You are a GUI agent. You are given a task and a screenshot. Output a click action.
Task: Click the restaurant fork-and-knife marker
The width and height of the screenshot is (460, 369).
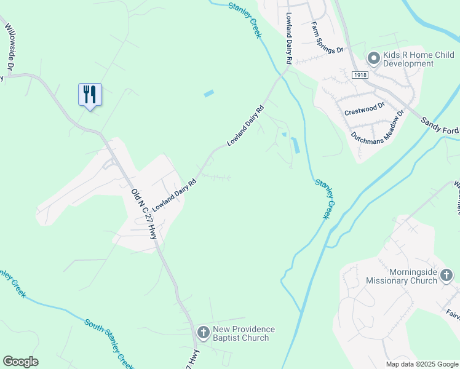coord(90,95)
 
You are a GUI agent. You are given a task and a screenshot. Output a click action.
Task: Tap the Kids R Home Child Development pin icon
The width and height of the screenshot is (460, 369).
coord(373,58)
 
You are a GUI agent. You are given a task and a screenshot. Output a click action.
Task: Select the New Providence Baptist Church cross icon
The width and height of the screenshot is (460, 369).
coord(203,333)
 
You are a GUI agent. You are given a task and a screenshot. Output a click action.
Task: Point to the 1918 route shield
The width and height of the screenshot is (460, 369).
coord(360,74)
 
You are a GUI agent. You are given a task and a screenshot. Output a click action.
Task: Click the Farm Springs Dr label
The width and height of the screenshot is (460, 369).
coord(326,38)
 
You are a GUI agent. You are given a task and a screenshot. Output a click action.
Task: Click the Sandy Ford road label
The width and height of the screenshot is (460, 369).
coord(440,126)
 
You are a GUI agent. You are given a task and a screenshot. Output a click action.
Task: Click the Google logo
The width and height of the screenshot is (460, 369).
coord(20,362)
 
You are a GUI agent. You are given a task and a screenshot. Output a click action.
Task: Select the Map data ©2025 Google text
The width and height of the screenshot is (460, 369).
coord(421,364)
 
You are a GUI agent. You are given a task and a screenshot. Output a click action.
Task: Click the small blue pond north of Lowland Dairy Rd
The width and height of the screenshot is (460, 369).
coord(209,94)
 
